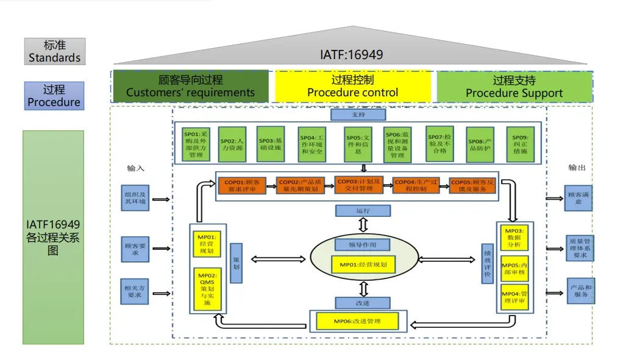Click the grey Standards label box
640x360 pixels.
[x=55, y=52]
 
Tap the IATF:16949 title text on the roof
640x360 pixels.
[x=352, y=55]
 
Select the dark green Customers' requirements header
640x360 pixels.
[x=190, y=86]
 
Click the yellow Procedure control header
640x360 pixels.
[x=352, y=86]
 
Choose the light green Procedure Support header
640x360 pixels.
[x=514, y=86]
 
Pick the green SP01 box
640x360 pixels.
[x=196, y=144]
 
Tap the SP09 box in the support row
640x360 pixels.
[x=520, y=144]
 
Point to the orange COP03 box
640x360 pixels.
[x=360, y=185]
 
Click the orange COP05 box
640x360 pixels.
[x=473, y=185]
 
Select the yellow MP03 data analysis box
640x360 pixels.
[x=514, y=238]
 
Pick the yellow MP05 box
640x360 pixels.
[x=514, y=269]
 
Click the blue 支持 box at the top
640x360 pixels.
[x=358, y=115]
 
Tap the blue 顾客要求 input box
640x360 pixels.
[x=135, y=249]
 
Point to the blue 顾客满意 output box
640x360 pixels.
[x=578, y=198]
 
